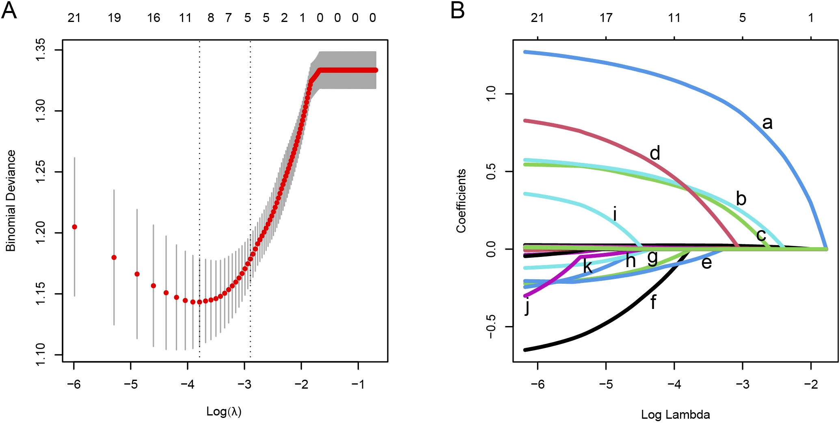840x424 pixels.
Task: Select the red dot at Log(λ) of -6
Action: coord(74,227)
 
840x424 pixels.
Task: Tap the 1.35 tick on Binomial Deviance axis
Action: coord(41,50)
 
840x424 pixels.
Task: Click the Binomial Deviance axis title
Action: coord(11,201)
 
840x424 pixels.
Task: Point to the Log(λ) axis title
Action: coord(224,411)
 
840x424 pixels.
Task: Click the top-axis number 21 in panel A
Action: coord(74,18)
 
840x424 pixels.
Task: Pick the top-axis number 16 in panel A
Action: coord(153,18)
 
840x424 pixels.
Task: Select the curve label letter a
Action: coord(767,122)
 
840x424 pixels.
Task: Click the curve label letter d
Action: coord(655,153)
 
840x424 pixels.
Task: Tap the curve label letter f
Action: coord(653,302)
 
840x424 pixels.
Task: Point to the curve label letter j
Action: coord(527,306)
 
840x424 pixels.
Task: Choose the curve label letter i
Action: coord(615,213)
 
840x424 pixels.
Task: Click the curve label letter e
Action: coord(706,263)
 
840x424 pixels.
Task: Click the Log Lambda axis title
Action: coord(676,415)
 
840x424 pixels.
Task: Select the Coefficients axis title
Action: coord(461,201)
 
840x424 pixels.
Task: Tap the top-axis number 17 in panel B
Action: coord(606,18)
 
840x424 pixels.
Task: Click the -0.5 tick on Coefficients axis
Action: coord(491,327)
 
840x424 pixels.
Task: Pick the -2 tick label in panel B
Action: coord(810,384)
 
